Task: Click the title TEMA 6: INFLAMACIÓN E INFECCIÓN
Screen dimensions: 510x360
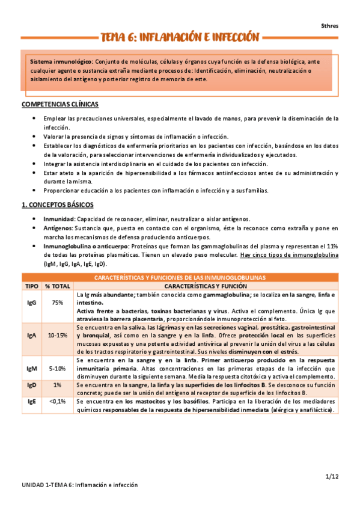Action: (180, 37)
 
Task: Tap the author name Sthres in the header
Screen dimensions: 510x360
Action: (329, 25)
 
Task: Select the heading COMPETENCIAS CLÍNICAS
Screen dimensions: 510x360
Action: (60, 104)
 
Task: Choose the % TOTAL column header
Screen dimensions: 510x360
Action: (58, 287)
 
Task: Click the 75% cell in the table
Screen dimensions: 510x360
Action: (58, 303)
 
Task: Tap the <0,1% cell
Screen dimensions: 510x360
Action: (58, 401)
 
